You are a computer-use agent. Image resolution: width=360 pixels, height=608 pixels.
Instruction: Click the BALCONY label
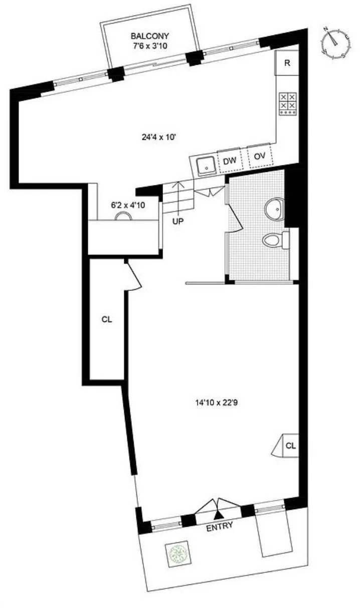[150, 36]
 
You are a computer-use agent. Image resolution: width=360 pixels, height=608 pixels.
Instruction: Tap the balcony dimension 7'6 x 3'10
[150, 46]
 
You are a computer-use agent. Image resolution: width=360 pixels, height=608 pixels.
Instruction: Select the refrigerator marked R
[287, 63]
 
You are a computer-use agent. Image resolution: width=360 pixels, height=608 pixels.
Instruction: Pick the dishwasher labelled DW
[230, 160]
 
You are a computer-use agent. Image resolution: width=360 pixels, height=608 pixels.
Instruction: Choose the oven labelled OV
[259, 156]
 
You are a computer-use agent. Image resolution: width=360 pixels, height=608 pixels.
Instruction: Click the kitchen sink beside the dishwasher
[205, 164]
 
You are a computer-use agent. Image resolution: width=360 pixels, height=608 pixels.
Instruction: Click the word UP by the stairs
[178, 221]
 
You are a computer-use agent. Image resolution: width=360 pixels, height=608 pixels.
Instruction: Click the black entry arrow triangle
[218, 514]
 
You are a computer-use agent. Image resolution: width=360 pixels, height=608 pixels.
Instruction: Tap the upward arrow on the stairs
[178, 193]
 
